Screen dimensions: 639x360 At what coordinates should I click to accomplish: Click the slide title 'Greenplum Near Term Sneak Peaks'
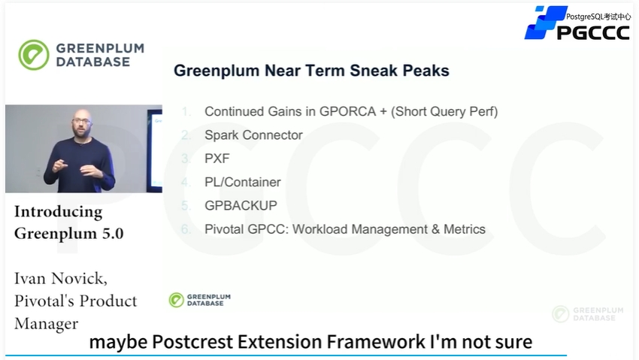[311, 71]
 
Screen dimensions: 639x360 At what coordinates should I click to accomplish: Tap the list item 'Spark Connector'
[253, 135]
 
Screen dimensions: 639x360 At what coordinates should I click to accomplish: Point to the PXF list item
[217, 159]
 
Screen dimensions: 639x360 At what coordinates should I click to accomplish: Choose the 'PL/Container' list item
[243, 182]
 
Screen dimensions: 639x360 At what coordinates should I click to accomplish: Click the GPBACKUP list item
[241, 206]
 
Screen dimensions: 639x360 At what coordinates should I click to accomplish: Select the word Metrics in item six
[465, 229]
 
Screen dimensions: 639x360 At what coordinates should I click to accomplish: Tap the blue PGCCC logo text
[593, 32]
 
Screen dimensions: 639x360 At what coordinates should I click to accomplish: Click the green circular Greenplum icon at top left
[33, 55]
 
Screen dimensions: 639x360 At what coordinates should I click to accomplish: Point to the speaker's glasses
[82, 121]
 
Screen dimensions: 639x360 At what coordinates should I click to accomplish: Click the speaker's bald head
[83, 113]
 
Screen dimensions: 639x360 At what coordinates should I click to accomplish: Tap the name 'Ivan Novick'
[61, 279]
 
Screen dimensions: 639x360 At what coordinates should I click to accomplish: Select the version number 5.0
[113, 233]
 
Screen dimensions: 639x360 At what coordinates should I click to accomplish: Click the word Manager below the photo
[46, 324]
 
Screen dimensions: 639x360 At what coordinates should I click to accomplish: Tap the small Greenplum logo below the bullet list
[200, 300]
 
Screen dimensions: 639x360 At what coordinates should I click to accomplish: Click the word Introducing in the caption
[59, 212]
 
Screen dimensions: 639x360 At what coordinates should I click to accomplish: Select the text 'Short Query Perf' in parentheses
[444, 111]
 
